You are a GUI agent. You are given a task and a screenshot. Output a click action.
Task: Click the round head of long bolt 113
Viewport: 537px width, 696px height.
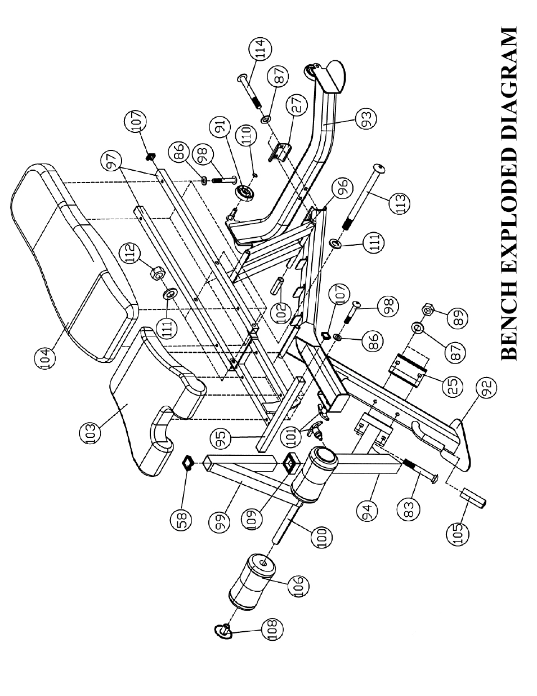pyautogui.click(x=379, y=168)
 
